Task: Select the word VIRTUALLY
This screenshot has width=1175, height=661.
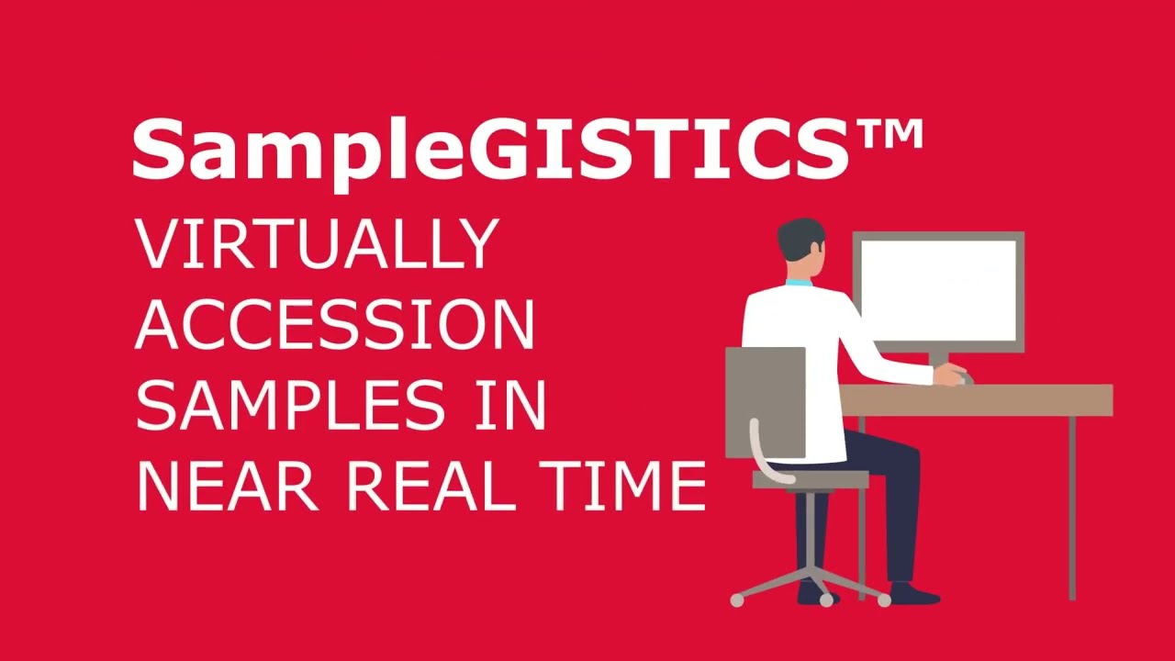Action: (317, 244)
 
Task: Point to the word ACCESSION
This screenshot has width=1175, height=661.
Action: (335, 325)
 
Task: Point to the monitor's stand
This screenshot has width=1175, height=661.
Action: (938, 360)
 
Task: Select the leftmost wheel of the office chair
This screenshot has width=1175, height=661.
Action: (737, 600)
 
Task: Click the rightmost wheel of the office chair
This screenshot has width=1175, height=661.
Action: (884, 600)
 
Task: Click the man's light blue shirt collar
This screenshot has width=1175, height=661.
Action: (798, 281)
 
